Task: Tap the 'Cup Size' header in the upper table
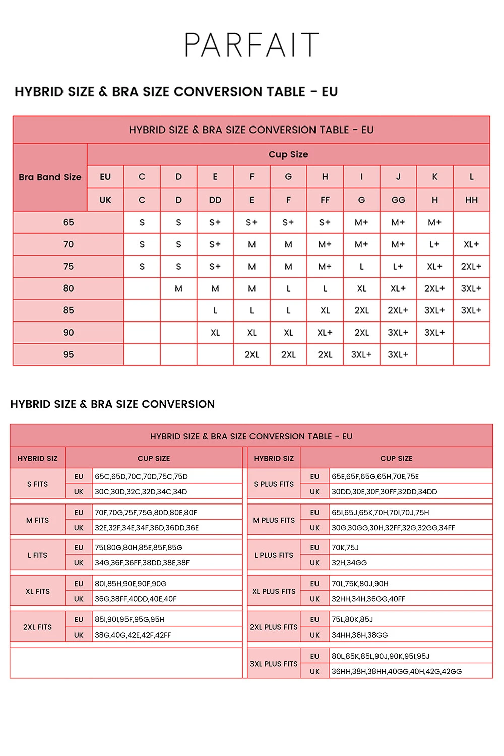click(288, 154)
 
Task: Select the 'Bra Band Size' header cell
click(50, 177)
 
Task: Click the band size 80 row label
click(69, 288)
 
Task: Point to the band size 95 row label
click(69, 354)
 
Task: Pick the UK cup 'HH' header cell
click(471, 200)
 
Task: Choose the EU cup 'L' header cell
click(471, 177)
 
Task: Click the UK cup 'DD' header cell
click(215, 200)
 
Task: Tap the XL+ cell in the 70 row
click(471, 244)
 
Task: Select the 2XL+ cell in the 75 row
click(471, 266)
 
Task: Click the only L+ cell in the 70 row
click(434, 244)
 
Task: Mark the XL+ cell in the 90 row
click(325, 333)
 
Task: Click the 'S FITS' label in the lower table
click(38, 484)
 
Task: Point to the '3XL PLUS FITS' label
click(274, 664)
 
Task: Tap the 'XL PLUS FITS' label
click(274, 591)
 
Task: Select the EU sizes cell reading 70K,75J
click(345, 547)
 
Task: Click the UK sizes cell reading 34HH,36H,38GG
click(360, 635)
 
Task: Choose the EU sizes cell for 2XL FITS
click(130, 619)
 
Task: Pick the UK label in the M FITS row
click(79, 528)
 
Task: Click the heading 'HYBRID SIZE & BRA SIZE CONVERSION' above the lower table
click(112, 404)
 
